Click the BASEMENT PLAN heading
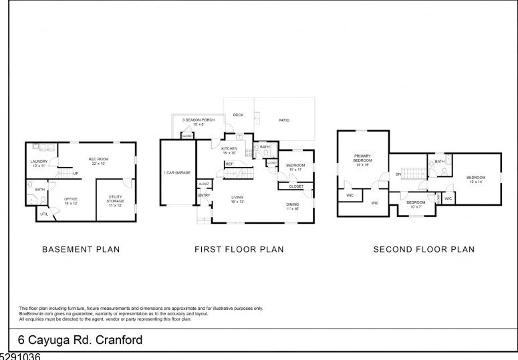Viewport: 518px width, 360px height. point(81,250)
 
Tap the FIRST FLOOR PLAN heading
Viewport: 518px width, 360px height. point(239,250)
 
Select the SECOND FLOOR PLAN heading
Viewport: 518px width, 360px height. point(424,250)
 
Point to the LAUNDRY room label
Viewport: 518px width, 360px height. point(39,163)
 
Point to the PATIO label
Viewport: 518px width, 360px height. point(284,120)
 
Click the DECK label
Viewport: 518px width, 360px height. point(238,115)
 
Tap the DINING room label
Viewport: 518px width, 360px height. point(293,206)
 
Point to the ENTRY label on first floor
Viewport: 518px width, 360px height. point(204,195)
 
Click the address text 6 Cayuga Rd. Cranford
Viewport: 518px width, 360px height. point(76,340)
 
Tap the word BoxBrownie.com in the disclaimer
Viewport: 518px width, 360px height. point(32,314)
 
